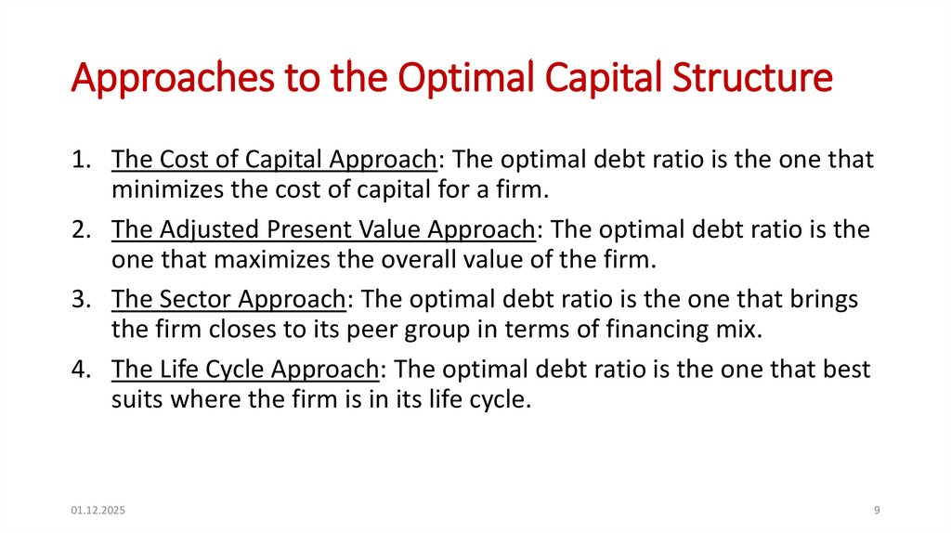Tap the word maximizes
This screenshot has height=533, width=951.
[237, 261]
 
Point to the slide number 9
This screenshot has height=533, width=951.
[877, 511]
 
